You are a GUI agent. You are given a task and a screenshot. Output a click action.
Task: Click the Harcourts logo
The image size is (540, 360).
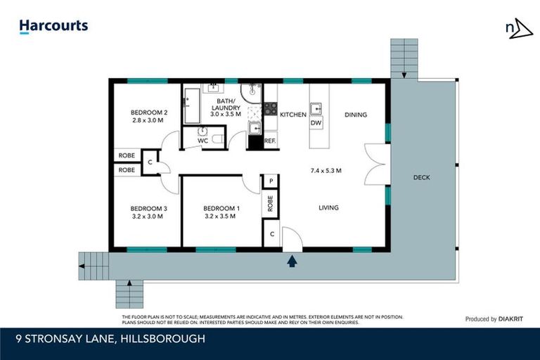tap(53, 26)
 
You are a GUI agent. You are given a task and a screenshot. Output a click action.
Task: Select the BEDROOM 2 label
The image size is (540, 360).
tap(149, 112)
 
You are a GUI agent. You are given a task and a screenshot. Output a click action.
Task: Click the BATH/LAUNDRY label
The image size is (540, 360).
tap(225, 104)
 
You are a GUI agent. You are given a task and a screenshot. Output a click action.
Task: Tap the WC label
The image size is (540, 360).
tap(202, 141)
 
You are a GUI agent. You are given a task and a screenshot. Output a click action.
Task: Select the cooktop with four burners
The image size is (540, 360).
tap(270, 109)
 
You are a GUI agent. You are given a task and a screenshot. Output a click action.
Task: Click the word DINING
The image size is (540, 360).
tap(356, 115)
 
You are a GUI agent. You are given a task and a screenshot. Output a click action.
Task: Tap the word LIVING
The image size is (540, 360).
tap(328, 207)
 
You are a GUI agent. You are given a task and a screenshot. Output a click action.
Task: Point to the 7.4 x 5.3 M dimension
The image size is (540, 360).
tap(326, 170)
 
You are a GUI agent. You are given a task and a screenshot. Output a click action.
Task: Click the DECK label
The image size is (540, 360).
tap(421, 177)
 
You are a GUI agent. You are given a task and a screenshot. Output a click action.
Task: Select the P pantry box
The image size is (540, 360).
tap(270, 181)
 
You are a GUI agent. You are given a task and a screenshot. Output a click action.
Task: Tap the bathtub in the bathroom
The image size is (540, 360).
tap(191, 105)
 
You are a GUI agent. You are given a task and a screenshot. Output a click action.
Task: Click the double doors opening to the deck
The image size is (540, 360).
tap(373, 165)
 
